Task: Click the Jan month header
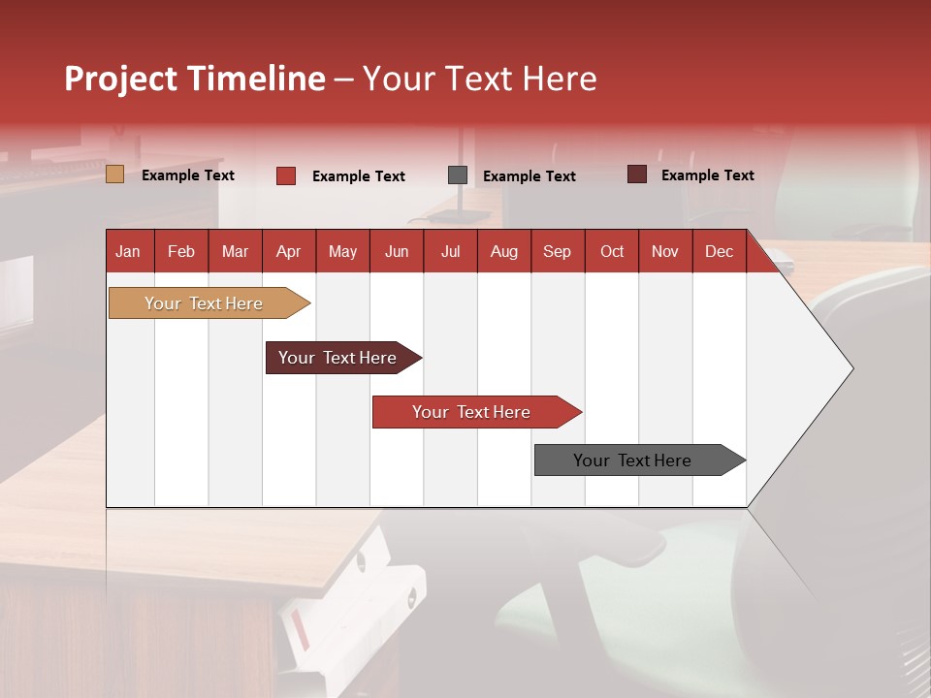click(x=128, y=251)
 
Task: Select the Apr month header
click(x=288, y=251)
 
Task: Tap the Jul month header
click(x=450, y=251)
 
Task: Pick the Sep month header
click(x=557, y=251)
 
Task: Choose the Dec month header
click(x=719, y=251)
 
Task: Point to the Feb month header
click(x=181, y=251)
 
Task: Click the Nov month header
click(x=664, y=251)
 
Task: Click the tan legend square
click(x=115, y=174)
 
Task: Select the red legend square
click(x=286, y=175)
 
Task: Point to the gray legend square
click(x=458, y=175)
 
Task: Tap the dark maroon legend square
click(x=637, y=174)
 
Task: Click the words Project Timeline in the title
click(x=195, y=79)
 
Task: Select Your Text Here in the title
click(x=479, y=79)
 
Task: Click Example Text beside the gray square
click(x=529, y=176)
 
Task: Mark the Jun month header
click(x=396, y=251)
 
